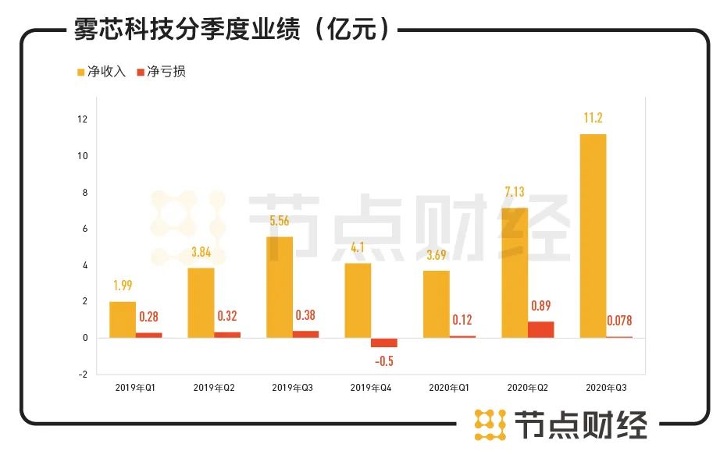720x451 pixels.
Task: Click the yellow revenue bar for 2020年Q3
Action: point(592,236)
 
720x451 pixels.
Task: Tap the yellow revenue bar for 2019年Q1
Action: point(123,319)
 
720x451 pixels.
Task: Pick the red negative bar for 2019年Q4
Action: point(383,343)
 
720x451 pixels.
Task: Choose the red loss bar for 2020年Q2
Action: point(540,329)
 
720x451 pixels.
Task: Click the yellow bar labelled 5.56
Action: point(280,286)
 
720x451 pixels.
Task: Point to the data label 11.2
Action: point(592,119)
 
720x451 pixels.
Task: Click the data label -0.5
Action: point(383,360)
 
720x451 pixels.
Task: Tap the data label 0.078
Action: point(619,320)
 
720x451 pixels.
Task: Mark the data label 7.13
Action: point(514,193)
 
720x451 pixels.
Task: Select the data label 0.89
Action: point(540,306)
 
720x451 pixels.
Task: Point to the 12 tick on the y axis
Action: point(82,119)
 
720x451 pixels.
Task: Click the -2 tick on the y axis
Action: point(82,374)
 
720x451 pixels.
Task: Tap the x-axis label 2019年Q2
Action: point(214,387)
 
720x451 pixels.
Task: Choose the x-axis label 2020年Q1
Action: point(449,387)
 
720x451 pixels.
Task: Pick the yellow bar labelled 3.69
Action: point(436,304)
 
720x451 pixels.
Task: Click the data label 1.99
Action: point(123,286)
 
